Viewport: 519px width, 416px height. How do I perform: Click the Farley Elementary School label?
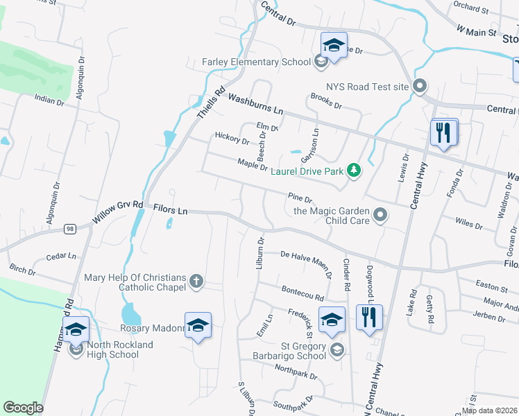[x=256, y=62]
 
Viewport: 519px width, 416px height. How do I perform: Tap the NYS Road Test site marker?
[x=420, y=87]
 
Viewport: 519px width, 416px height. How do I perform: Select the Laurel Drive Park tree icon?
[x=354, y=170]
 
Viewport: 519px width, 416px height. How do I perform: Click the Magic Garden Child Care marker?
[x=380, y=216]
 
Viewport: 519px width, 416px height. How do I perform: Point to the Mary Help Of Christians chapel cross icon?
[x=196, y=281]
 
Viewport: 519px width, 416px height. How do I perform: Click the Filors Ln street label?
[x=171, y=209]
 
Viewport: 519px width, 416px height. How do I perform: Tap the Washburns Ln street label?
[x=255, y=105]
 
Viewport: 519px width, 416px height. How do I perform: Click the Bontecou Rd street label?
[x=302, y=293]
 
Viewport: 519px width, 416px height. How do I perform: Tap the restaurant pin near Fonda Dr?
[x=444, y=132]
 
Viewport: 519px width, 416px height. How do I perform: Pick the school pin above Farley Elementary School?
[x=334, y=46]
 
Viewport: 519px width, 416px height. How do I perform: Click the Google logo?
[x=23, y=408]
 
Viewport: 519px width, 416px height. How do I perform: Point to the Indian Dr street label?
[x=50, y=101]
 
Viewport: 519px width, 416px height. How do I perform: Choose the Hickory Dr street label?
[x=232, y=138]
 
